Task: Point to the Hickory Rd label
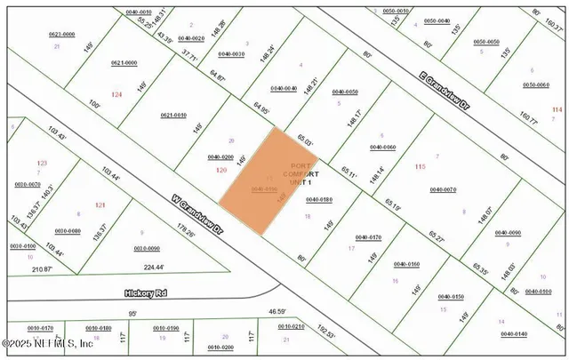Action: point(145,291)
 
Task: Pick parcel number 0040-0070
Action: point(442,189)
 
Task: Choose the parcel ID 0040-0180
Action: point(317,200)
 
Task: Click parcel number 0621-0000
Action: point(124,63)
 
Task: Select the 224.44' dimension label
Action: point(156,267)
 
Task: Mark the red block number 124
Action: point(116,94)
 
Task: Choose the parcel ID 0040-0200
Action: point(220,156)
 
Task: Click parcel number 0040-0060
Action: point(382,147)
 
